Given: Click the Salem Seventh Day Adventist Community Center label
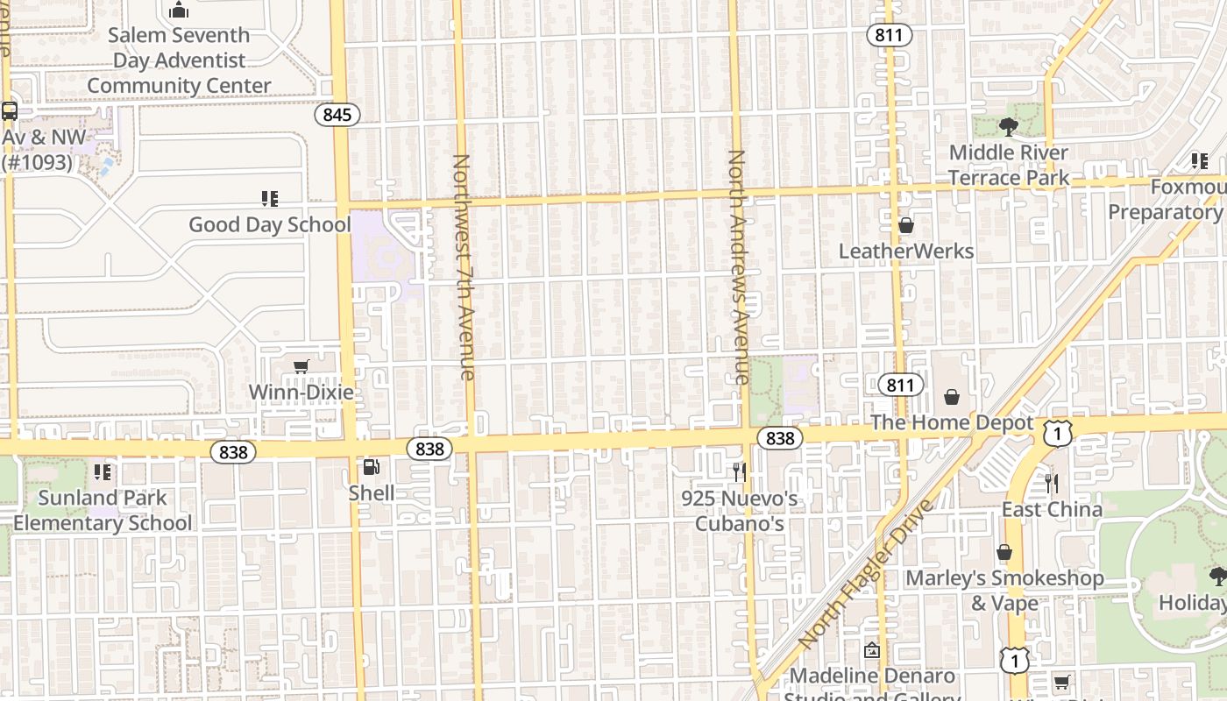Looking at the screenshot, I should pos(180,60).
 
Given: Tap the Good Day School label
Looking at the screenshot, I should pos(270,224).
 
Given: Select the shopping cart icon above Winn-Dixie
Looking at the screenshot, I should pos(301,367).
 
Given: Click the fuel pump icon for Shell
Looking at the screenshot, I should pos(372,468).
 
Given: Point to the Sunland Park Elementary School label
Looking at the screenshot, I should pos(103,510).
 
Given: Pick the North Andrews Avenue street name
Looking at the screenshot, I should pos(737,267).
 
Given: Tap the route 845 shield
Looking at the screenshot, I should pos(337,115).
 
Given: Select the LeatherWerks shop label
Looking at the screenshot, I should pos(906,251).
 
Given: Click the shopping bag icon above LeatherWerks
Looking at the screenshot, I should pos(906,226).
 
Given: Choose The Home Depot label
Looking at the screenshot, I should pos(952,422).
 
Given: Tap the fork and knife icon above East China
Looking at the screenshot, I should pos(1052,483).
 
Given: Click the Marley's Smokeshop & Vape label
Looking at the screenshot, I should pos(1004,591).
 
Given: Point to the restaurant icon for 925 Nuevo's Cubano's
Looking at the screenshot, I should pos(740,472).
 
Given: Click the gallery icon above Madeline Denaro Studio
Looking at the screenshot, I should pos(871,650).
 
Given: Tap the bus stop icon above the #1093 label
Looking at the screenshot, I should pos(10,111).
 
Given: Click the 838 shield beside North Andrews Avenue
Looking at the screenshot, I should pos(779,438).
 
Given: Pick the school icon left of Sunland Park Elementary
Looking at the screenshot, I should pos(103,472).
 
